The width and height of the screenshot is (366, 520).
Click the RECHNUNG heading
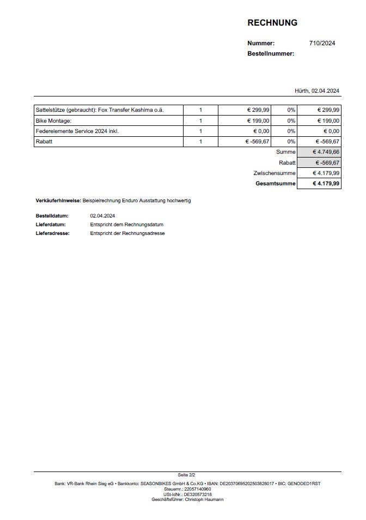click(272, 23)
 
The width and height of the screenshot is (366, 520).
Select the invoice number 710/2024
click(322, 43)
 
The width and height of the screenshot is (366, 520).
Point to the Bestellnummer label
click(271, 53)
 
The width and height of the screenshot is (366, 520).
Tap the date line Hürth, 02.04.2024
click(317, 90)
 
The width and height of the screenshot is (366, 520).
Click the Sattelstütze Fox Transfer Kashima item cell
click(100, 110)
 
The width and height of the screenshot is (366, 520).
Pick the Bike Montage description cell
click(53, 120)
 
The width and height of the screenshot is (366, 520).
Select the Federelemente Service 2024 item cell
click(77, 131)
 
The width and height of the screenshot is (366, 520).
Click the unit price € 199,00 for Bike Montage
click(258, 120)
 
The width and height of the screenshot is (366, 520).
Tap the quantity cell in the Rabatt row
click(200, 142)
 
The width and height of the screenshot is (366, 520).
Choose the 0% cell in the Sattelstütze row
click(291, 110)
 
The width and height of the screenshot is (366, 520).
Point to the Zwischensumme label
click(274, 173)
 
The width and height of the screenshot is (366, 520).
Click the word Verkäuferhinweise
click(58, 201)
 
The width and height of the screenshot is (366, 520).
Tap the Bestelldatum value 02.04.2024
click(102, 216)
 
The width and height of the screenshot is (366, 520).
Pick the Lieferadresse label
click(53, 233)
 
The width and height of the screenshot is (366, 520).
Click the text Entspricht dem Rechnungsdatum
click(127, 225)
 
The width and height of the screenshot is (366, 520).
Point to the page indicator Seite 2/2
click(187, 475)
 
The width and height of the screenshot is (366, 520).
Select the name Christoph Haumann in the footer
click(204, 499)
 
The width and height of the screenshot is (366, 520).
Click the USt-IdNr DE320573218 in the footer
click(198, 494)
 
